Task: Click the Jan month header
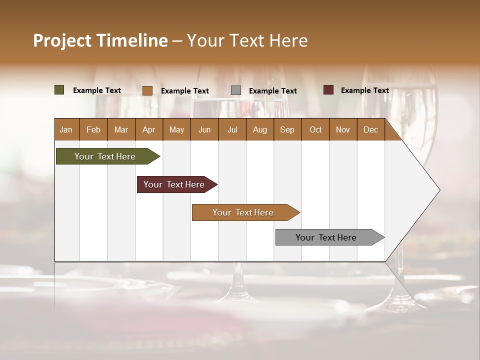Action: tap(66, 129)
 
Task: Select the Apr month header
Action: tap(149, 129)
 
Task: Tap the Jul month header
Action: tap(232, 129)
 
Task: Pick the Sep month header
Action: tap(287, 129)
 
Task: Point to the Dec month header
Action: tap(371, 129)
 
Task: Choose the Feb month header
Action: tap(93, 129)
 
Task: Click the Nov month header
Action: tap(343, 129)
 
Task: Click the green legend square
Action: tap(59, 90)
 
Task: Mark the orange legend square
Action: tap(147, 90)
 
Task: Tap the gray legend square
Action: tap(236, 90)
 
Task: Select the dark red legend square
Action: tap(328, 90)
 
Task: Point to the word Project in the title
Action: tap(62, 40)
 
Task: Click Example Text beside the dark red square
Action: tap(364, 90)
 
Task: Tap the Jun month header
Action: tap(204, 129)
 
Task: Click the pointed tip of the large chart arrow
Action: tap(438, 190)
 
